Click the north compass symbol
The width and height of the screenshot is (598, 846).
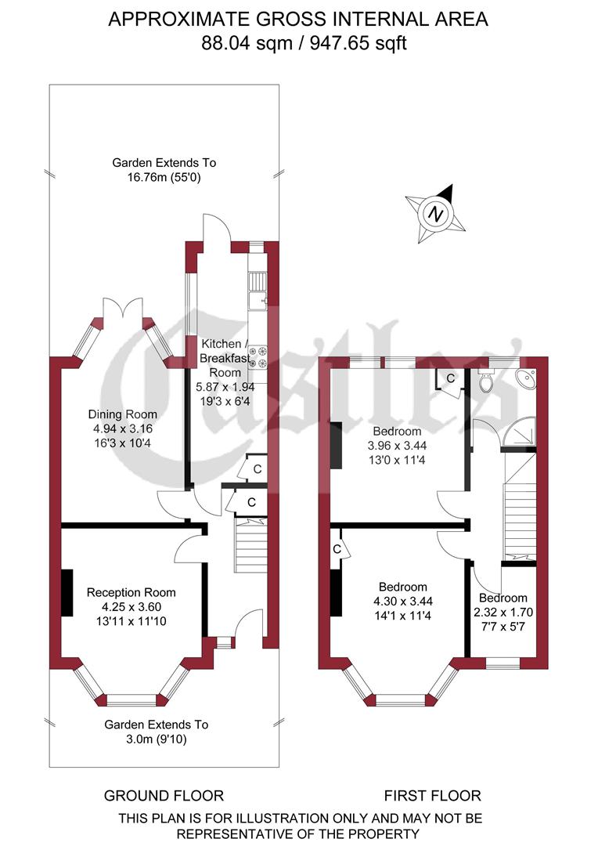click(435, 211)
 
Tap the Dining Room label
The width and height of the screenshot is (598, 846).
click(122, 414)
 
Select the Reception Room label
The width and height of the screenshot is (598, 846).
click(131, 593)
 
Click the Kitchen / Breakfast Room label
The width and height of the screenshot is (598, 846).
click(225, 359)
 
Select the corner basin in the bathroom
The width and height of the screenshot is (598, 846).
click(528, 378)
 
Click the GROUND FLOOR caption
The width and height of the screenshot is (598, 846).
click(164, 796)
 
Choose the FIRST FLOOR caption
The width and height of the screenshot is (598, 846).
click(432, 796)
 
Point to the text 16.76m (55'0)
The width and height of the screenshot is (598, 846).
click(164, 177)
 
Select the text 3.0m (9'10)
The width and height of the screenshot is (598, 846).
click(157, 739)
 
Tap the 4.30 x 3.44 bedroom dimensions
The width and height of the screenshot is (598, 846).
click(402, 601)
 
